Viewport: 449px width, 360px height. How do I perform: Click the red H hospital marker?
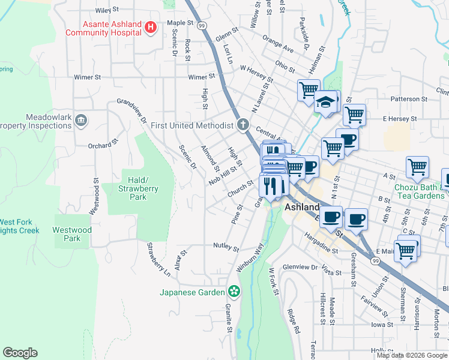point(151,28)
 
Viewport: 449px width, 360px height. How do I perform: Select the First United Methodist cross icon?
point(243,125)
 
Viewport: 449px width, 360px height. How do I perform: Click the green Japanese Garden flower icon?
point(234,292)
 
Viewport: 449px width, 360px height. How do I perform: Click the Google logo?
point(20,353)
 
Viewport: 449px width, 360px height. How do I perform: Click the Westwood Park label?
point(72,234)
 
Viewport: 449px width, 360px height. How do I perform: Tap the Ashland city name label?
point(302,207)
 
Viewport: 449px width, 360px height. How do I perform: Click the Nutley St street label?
point(226,246)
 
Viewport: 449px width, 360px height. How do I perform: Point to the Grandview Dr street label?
point(132,110)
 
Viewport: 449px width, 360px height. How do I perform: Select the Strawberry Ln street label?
point(159,260)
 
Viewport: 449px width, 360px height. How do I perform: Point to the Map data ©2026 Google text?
point(412,355)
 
